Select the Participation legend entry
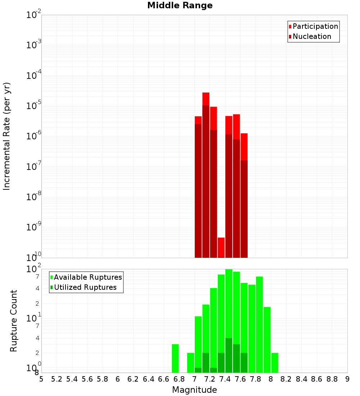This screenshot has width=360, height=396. click(315, 26)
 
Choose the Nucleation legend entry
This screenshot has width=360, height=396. click(311, 36)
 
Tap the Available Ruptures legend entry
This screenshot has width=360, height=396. click(87, 277)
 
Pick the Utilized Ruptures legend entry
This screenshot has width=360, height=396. click(85, 287)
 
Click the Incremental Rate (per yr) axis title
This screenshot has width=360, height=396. click(7, 136)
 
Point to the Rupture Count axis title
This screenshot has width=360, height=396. click(14, 321)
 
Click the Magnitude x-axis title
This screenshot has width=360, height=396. click(194, 390)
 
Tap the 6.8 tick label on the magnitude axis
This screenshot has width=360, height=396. click(179, 379)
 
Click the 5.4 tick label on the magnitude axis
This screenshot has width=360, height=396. click(72, 379)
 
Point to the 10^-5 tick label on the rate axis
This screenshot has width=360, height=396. click(34, 106)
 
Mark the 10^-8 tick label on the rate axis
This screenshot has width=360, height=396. click(34, 197)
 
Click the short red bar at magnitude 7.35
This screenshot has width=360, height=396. click(221, 247)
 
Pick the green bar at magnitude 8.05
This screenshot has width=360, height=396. click(275, 363)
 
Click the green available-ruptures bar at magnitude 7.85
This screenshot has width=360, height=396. click(259, 324)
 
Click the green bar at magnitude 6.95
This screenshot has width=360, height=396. click(190, 363)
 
